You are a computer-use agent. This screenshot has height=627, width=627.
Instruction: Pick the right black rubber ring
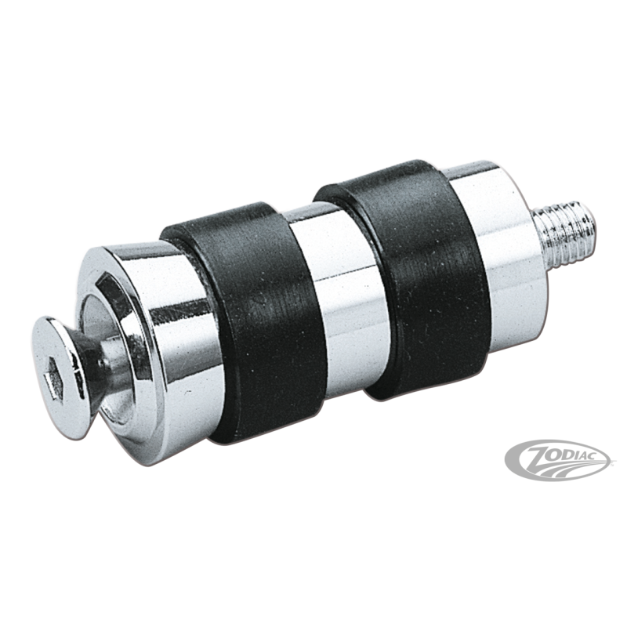click(400, 276)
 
